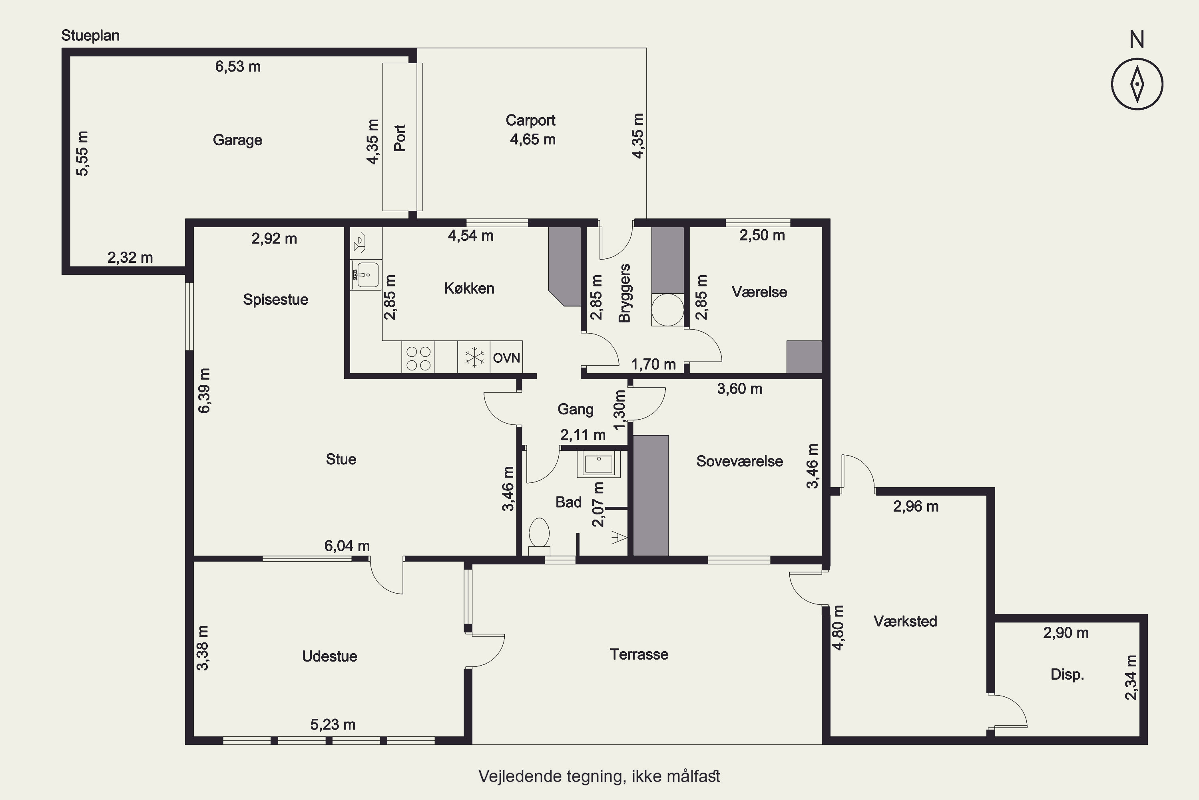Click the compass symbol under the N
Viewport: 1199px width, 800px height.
[1137, 84]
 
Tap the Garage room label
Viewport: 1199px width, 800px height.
[237, 140]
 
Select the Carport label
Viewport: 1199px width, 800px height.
[530, 120]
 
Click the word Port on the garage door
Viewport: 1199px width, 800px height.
[400, 138]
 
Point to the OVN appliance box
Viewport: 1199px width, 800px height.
[506, 357]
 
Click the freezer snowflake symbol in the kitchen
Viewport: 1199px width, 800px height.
[474, 357]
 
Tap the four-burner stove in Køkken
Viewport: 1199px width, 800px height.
[418, 357]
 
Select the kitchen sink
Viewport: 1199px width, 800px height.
[366, 275]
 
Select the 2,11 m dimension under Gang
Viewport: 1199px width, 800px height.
[583, 435]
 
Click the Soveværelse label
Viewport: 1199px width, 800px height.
[739, 461]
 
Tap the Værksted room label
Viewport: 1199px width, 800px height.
[905, 622]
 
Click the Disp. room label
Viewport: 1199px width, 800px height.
[1067, 674]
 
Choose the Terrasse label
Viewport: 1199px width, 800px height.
[639, 654]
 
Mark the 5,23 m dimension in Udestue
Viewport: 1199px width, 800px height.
[333, 724]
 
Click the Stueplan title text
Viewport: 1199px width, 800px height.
[90, 36]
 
